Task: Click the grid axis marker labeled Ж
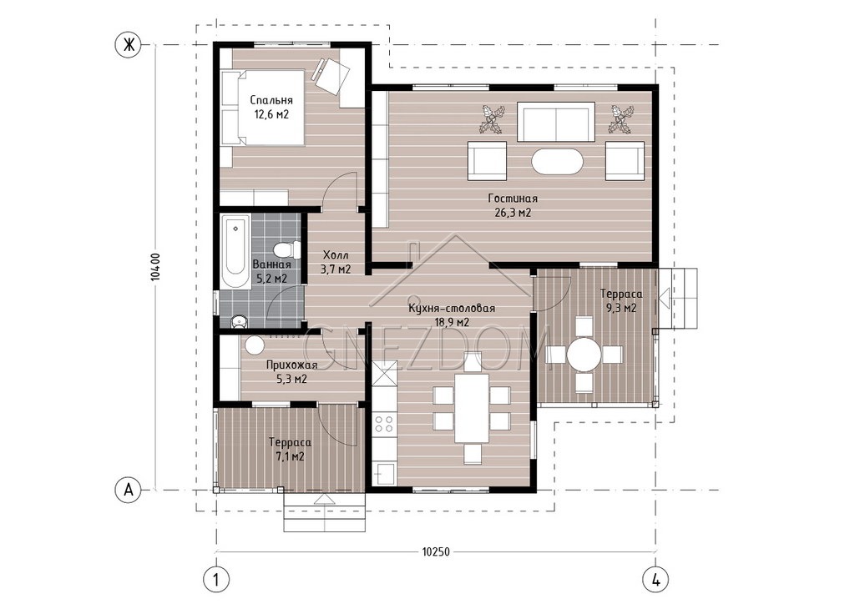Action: pyautogui.click(x=129, y=45)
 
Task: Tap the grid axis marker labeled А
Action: pyautogui.click(x=129, y=490)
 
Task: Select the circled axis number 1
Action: pyautogui.click(x=216, y=580)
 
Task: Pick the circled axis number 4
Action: pyautogui.click(x=656, y=580)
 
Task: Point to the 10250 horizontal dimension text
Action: pyautogui.click(x=436, y=551)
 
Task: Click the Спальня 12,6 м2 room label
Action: pyautogui.click(x=271, y=108)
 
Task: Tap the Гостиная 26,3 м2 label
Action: pyautogui.click(x=513, y=205)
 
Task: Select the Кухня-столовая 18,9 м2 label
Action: pyautogui.click(x=452, y=315)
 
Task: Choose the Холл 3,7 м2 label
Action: pyautogui.click(x=336, y=262)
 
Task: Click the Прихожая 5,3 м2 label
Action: pyautogui.click(x=291, y=371)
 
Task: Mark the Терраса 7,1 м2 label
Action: pyautogui.click(x=290, y=450)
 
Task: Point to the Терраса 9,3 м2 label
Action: pyautogui.click(x=621, y=300)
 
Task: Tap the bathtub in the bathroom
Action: pyautogui.click(x=235, y=252)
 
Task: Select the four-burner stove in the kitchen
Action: pyautogui.click(x=384, y=424)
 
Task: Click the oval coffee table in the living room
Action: pyautogui.click(x=557, y=161)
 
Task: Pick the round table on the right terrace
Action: pyautogui.click(x=584, y=354)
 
